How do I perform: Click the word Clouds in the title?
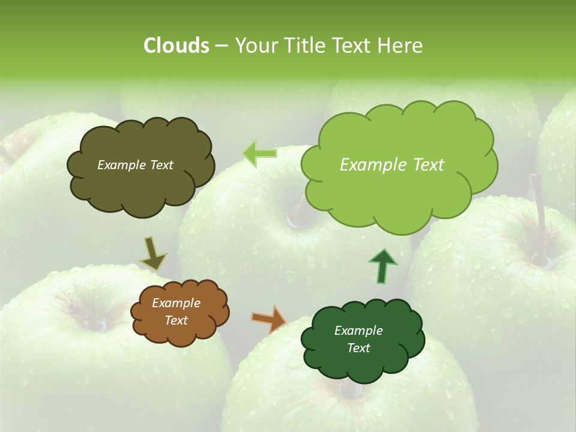point(176,46)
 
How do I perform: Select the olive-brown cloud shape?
point(140,186)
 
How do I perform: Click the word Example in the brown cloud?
point(176,303)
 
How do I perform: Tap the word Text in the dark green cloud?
point(358,348)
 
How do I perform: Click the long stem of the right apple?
point(538,216)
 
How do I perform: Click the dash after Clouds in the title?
point(221,46)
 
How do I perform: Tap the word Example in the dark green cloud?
point(358,331)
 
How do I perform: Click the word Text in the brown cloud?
point(176,320)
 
